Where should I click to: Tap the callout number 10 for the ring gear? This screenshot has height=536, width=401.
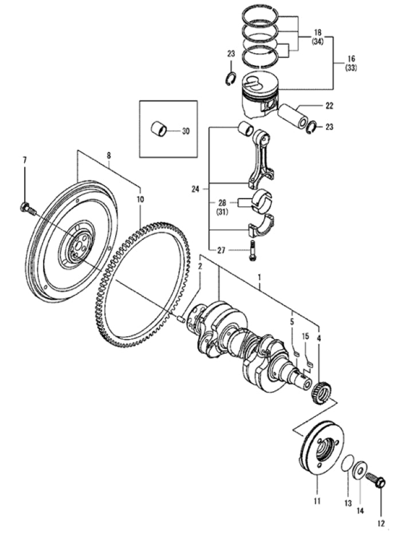coord(140,199)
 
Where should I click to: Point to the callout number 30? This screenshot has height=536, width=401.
coord(185,131)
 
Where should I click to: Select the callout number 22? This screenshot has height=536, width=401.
coord(329,106)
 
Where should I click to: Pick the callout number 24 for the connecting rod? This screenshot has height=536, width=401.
coord(196,187)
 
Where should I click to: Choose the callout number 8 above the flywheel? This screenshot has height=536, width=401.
coord(108,155)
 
